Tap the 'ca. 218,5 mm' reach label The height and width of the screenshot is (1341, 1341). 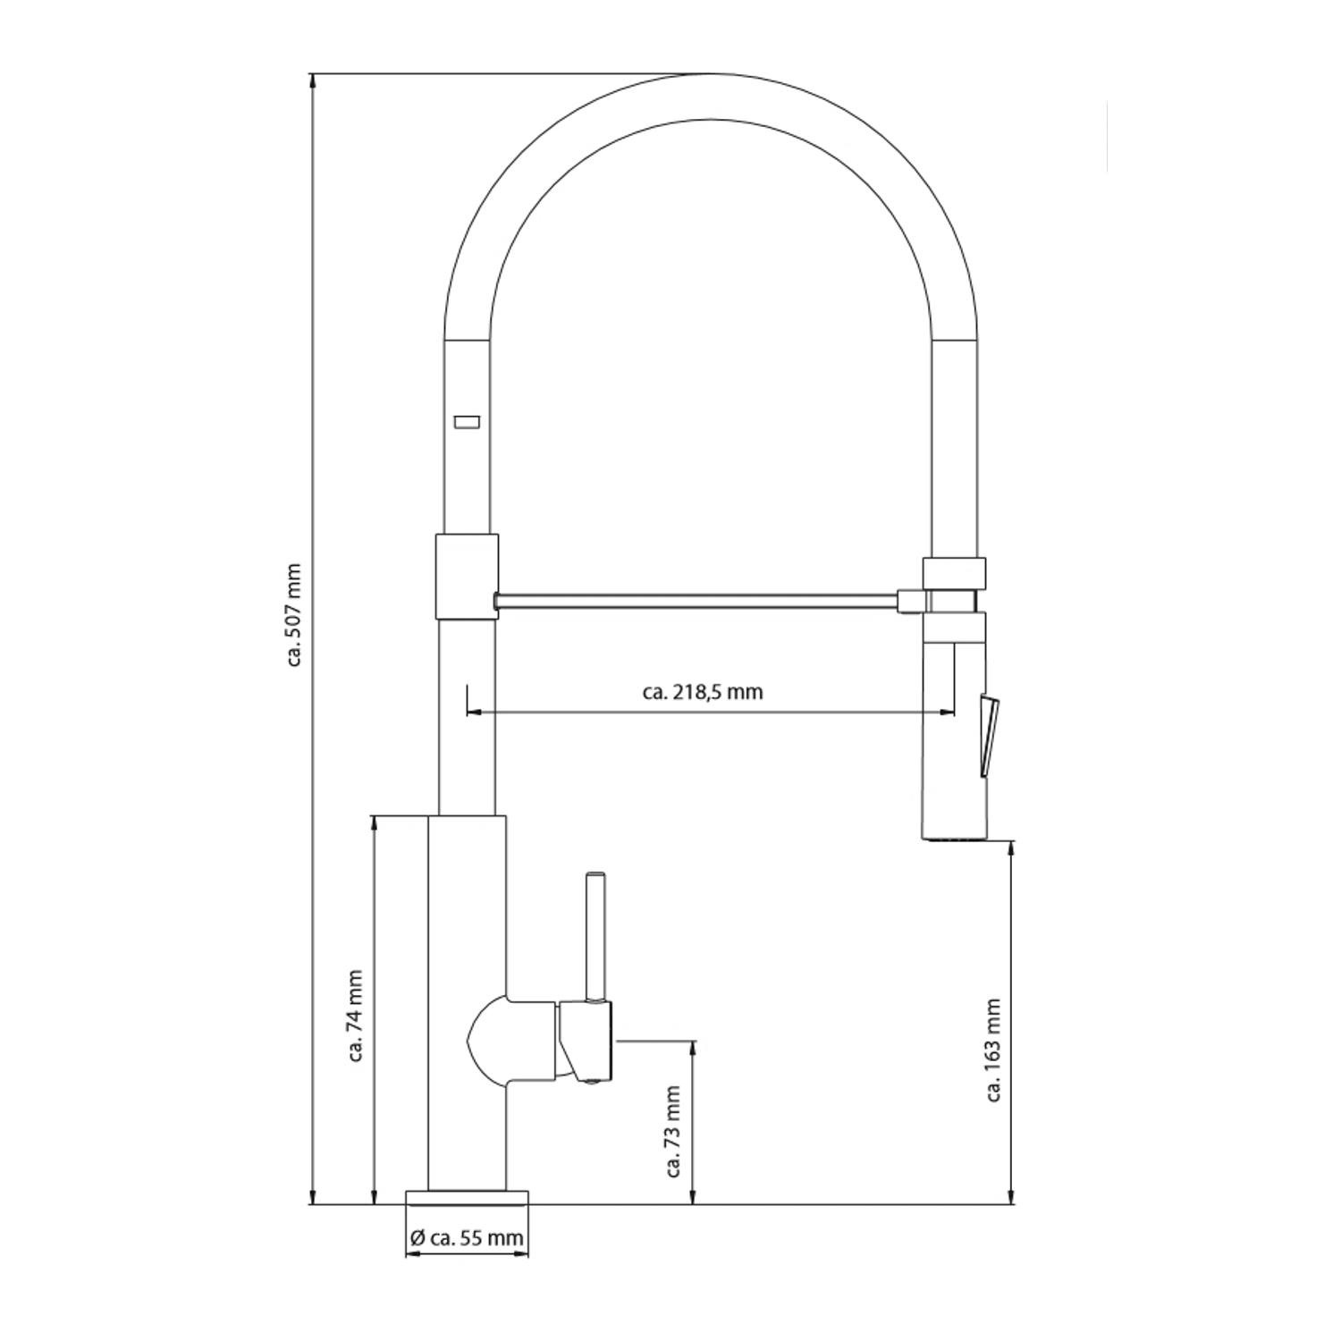pos(703,692)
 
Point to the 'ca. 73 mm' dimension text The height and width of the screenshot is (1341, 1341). pos(674,1132)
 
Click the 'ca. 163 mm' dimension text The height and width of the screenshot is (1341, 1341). pos(993,1050)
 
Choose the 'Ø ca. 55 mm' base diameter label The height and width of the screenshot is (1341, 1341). pos(466,1238)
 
